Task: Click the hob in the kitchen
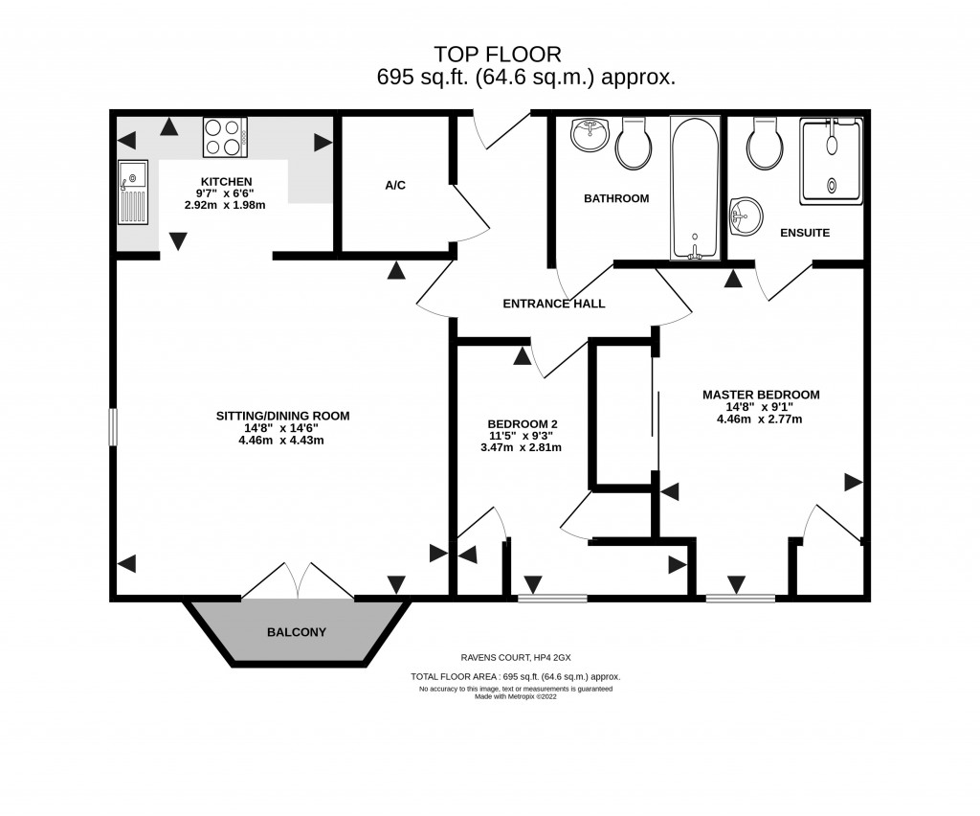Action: tap(225, 137)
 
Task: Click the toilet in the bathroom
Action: tap(634, 145)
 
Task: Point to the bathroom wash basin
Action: tap(589, 135)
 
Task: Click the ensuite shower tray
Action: tap(831, 160)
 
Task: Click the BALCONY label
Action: tap(297, 632)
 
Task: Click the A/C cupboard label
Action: tap(395, 185)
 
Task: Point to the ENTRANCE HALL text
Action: tap(554, 304)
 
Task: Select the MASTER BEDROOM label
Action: tap(761, 394)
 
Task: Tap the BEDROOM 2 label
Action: tap(522, 424)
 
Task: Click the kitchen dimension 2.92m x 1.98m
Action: tap(225, 205)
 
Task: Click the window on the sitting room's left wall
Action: tap(112, 427)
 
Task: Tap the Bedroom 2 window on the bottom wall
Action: tap(552, 599)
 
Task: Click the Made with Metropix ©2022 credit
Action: tap(515, 696)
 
